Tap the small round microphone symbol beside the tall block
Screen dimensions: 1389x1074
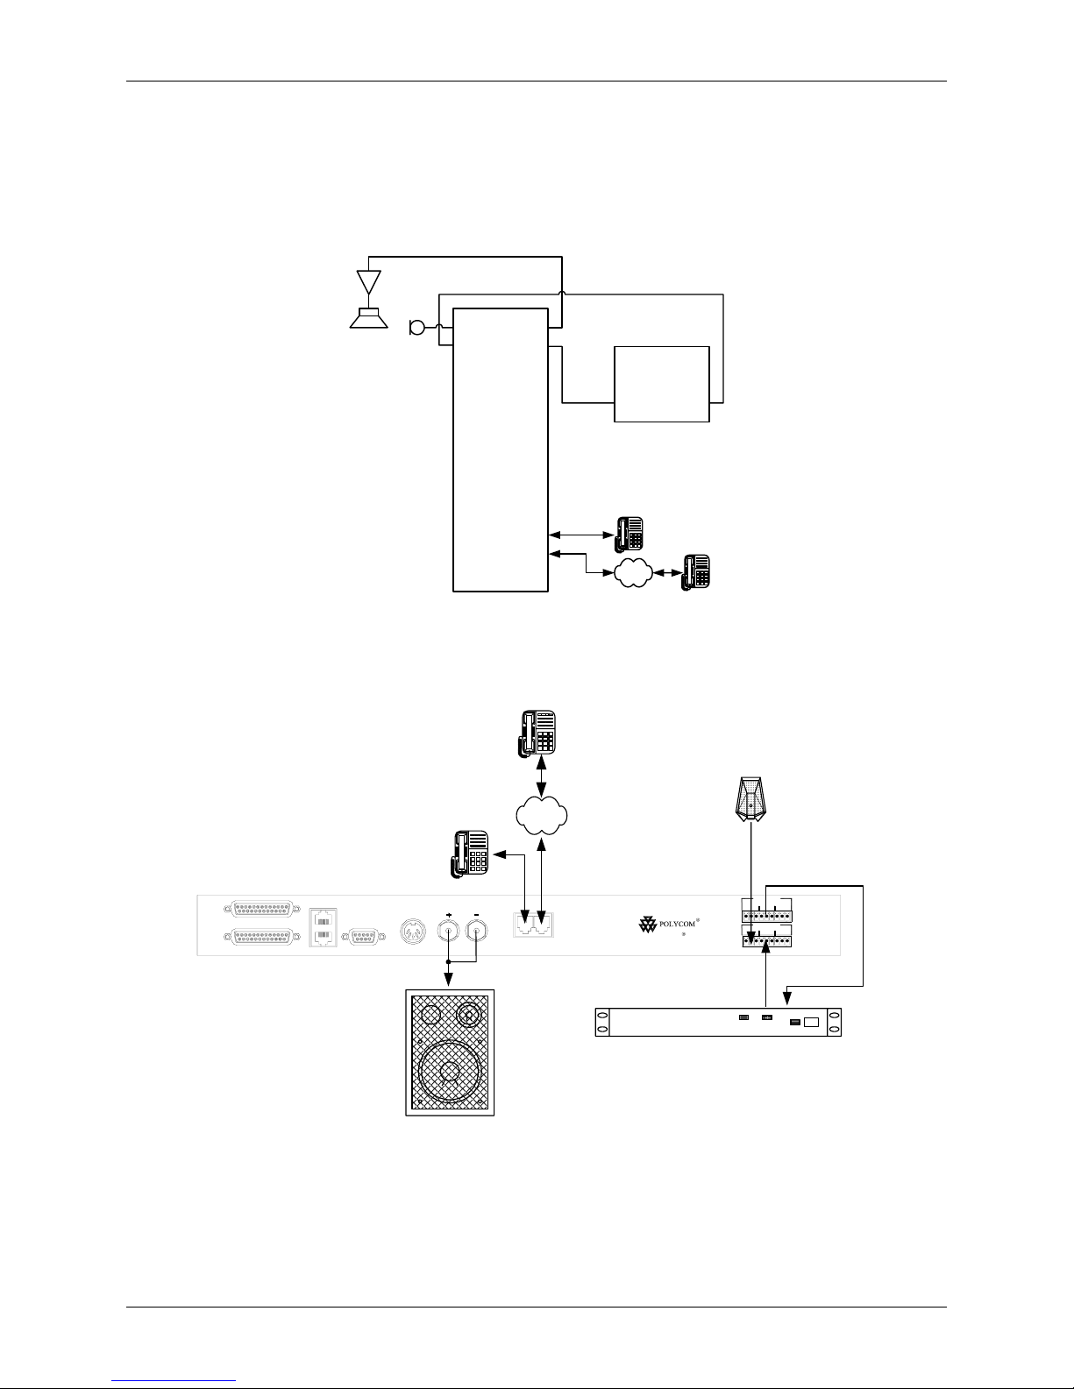coord(416,329)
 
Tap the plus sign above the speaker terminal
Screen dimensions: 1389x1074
coord(449,911)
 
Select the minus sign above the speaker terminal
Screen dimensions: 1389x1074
coord(477,911)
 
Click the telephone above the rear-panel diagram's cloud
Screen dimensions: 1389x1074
coord(537,733)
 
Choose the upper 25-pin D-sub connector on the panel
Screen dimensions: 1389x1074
coord(261,908)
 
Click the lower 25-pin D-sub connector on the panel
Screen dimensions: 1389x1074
coord(261,938)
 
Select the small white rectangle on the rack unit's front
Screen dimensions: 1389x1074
coord(811,1022)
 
